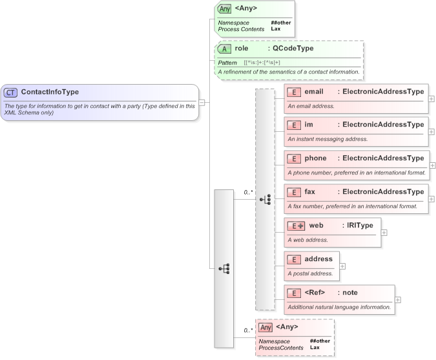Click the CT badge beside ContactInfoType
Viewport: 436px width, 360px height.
pyautogui.click(x=11, y=92)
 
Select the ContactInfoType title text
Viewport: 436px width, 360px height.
pyautogui.click(x=50, y=92)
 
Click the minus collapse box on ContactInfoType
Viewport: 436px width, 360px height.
pyautogui.click(x=202, y=102)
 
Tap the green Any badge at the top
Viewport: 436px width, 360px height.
pyautogui.click(x=224, y=8)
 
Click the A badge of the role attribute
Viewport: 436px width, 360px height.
pyautogui.click(x=224, y=49)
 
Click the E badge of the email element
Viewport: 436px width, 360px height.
pyautogui.click(x=294, y=92)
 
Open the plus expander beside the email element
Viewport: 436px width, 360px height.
pyautogui.click(x=431, y=99)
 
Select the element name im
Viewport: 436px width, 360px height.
pyautogui.click(x=309, y=125)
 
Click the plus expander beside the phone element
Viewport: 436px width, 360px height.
pyautogui.click(x=431, y=165)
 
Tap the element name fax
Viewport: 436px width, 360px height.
pyautogui.click(x=311, y=192)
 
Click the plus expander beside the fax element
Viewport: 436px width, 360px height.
pyautogui.click(x=431, y=199)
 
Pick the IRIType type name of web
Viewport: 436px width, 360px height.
pyautogui.click(x=360, y=226)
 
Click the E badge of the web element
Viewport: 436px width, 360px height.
pyautogui.click(x=296, y=226)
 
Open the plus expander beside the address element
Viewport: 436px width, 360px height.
pyautogui.click(x=342, y=266)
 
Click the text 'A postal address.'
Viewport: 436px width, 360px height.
pyautogui.click(x=310, y=273)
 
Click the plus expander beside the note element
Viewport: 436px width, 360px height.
pyautogui.click(x=398, y=299)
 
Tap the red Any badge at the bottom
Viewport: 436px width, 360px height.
pyautogui.click(x=265, y=328)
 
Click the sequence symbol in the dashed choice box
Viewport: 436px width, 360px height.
pyautogui.click(x=265, y=200)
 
